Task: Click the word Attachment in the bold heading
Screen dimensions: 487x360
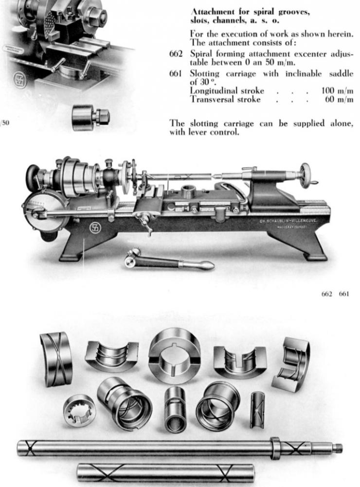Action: (211, 11)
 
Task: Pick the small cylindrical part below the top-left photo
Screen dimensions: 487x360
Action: (90, 118)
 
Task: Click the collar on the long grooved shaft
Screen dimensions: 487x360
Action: (275, 448)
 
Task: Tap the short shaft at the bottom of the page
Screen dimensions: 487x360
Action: (165, 472)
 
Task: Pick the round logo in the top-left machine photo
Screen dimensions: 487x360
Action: (20, 80)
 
